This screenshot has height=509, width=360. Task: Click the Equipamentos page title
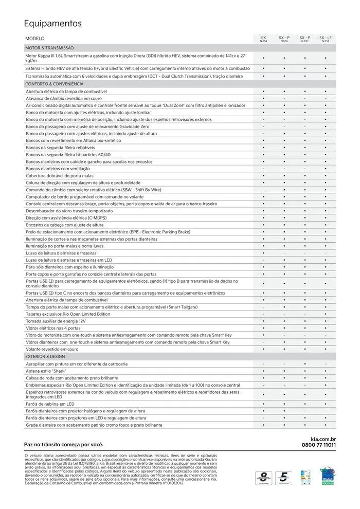53,24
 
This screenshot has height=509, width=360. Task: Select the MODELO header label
35,39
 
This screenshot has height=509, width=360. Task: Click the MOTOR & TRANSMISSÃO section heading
50,47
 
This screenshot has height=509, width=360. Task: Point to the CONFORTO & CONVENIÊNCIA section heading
55,83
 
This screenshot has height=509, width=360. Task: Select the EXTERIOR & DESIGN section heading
45,356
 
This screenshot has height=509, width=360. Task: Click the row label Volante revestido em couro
52,349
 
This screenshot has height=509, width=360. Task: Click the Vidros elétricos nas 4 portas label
53,328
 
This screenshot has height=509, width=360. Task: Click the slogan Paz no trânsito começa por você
64,444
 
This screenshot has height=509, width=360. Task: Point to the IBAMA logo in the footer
327,476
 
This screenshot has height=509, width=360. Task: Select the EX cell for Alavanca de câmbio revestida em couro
263,98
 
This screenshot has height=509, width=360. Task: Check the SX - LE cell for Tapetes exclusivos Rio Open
326,314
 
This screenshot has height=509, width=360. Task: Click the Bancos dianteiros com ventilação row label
58,169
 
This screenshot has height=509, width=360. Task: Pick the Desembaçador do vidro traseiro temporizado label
68,211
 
